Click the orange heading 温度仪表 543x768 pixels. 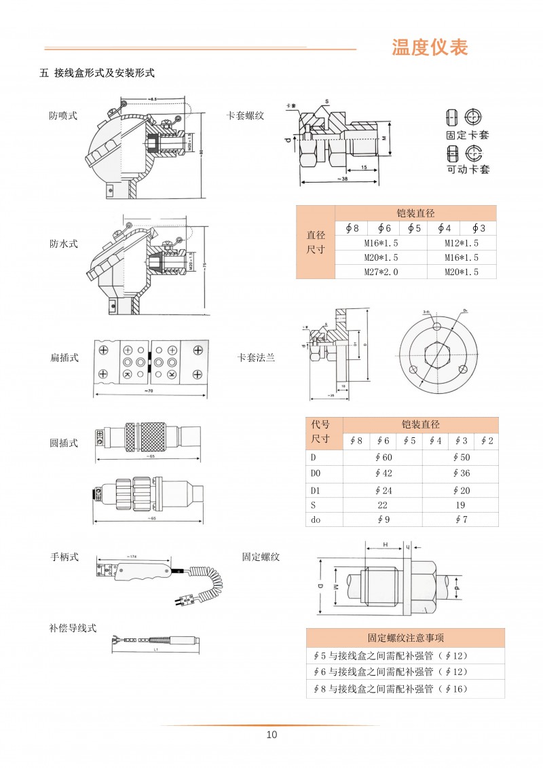click(430, 48)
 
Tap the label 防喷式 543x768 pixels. click(63, 115)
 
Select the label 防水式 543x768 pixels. click(63, 244)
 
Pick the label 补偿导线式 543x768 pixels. click(73, 628)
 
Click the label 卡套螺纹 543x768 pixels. click(244, 115)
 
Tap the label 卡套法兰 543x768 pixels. click(256, 357)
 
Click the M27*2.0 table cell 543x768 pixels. click(381, 272)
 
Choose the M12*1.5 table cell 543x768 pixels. click(462, 242)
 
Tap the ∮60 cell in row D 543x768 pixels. click(383, 457)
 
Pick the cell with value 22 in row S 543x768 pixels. click(383, 505)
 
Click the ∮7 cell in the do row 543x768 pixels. click(460, 519)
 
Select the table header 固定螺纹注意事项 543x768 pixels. click(405, 638)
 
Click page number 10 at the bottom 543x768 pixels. click(271, 735)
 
